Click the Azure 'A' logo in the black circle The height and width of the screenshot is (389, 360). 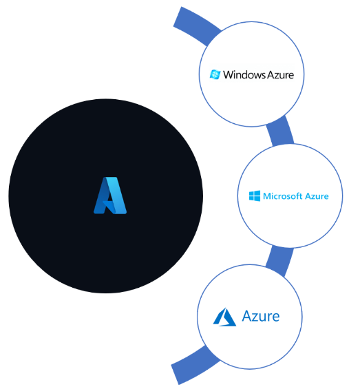coord(110,196)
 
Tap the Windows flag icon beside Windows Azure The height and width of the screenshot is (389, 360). coord(215,74)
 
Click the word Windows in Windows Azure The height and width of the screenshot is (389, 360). coord(240,74)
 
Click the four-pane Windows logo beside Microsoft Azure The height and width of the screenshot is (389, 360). coord(255,196)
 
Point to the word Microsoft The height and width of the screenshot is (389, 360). coord(283,196)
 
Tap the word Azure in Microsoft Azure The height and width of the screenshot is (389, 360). coord(317,196)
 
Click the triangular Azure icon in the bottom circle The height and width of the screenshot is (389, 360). coord(224,317)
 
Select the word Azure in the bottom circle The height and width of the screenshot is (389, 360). coord(261,316)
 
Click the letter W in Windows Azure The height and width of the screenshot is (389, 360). coord(229,74)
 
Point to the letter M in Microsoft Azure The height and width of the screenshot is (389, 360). coord(267,196)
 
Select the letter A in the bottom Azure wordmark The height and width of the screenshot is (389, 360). coord(247,316)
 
